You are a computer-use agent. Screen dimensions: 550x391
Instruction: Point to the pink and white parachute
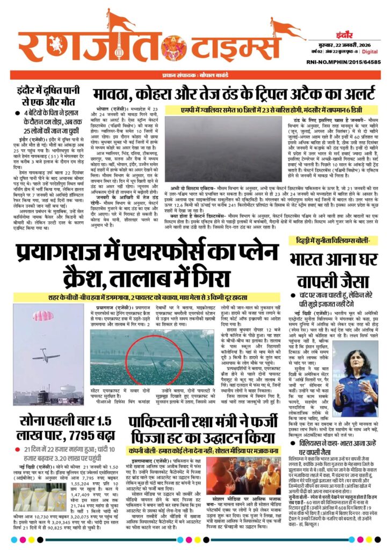42,316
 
